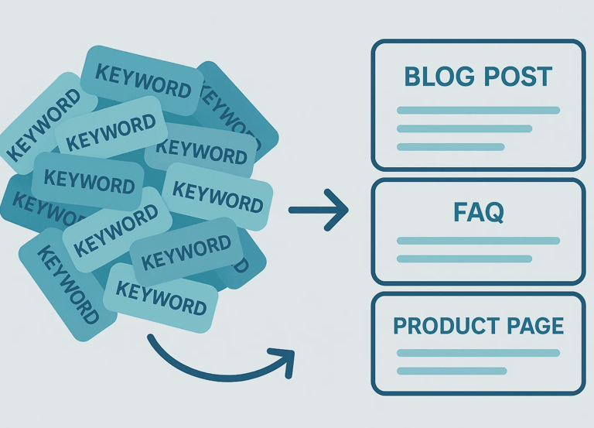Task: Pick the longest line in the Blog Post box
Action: coord(478,110)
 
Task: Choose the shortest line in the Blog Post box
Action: coord(450,146)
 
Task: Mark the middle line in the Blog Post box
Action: coord(464,128)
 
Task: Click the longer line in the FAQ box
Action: coord(478,241)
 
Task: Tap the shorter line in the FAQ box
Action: coord(464,259)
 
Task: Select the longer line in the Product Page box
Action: coord(478,353)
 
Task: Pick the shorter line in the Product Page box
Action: coord(452,371)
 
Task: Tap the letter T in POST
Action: coord(543,77)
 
